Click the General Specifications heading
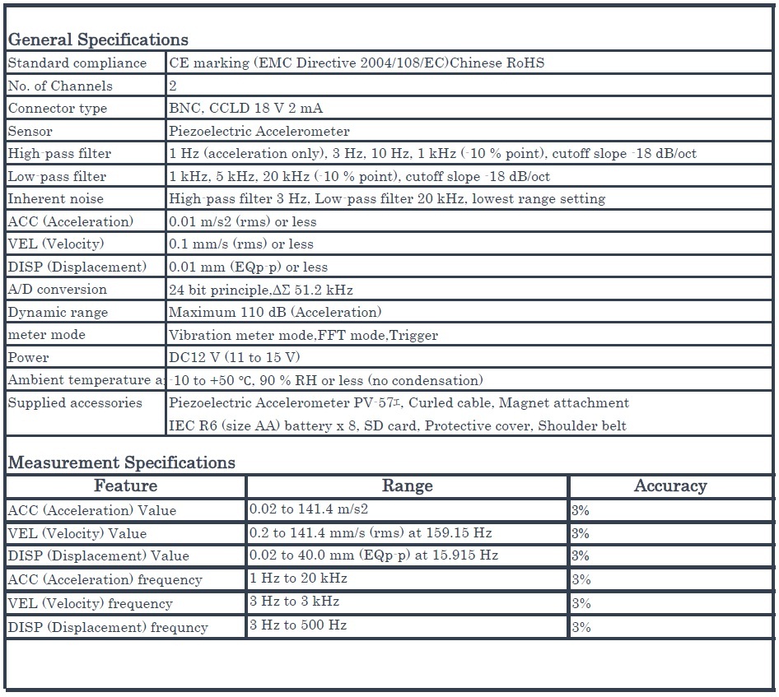(98, 39)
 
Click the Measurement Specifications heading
(121, 462)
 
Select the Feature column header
(125, 486)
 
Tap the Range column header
(407, 486)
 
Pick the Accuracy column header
(670, 486)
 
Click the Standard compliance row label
(77, 63)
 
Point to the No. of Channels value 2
(173, 86)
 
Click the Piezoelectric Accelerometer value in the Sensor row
(259, 131)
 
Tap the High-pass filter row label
(59, 154)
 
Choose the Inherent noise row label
(56, 198)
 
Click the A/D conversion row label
(58, 289)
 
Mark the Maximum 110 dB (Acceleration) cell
(275, 312)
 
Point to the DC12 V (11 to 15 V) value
(235, 357)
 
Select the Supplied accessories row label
(75, 402)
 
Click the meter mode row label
(47, 334)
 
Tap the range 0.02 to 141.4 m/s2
(309, 509)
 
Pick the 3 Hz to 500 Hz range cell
(298, 625)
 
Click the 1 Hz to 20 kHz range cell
(298, 579)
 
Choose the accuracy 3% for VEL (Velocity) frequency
(581, 603)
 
